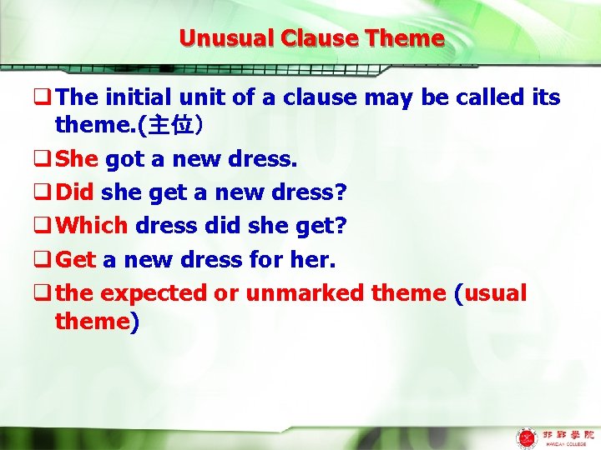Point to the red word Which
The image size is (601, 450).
tap(92, 226)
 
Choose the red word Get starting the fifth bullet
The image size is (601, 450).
tap(76, 259)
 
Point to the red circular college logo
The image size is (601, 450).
tap(526, 437)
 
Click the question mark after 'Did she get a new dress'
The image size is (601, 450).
tap(340, 192)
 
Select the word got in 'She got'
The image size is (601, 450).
tap(123, 160)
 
